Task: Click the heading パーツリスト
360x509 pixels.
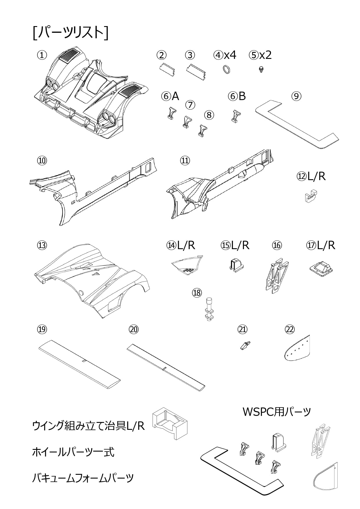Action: [71, 32]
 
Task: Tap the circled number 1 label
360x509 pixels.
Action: [42, 55]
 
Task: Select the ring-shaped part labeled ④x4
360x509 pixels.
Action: [227, 70]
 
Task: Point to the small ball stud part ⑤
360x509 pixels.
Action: [261, 69]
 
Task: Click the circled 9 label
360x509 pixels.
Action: [296, 96]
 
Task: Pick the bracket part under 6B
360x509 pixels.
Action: [236, 116]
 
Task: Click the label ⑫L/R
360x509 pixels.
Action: [311, 176]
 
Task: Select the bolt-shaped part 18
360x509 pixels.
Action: [209, 309]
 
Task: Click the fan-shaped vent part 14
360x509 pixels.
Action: [187, 265]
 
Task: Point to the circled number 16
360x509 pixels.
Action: [277, 245]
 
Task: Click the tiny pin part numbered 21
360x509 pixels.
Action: [245, 345]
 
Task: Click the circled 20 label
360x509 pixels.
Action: [134, 329]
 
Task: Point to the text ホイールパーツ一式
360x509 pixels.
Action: [73, 452]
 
